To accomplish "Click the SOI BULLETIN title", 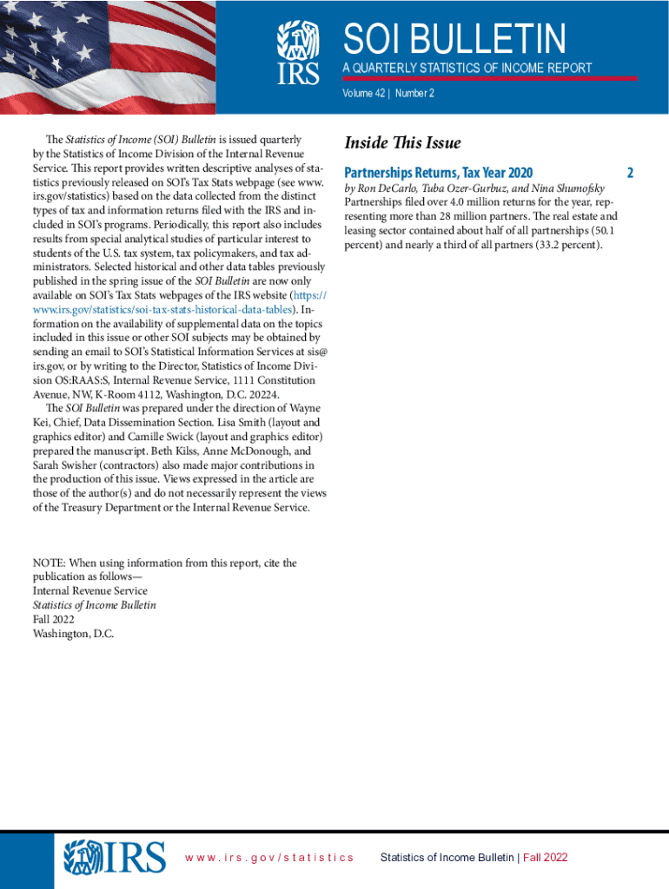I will [x=454, y=38].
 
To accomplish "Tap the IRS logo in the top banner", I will [x=297, y=50].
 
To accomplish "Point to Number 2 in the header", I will [x=414, y=93].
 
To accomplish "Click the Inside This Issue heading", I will [x=402, y=143].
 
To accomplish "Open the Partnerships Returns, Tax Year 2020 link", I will [x=438, y=172].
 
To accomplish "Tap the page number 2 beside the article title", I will [x=630, y=172].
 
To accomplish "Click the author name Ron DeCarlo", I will [x=386, y=188].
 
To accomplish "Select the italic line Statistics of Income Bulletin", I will [x=94, y=605].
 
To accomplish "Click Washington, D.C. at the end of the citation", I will [x=73, y=633].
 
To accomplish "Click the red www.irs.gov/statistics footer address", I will [x=269, y=858].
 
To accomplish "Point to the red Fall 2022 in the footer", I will [x=546, y=858].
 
